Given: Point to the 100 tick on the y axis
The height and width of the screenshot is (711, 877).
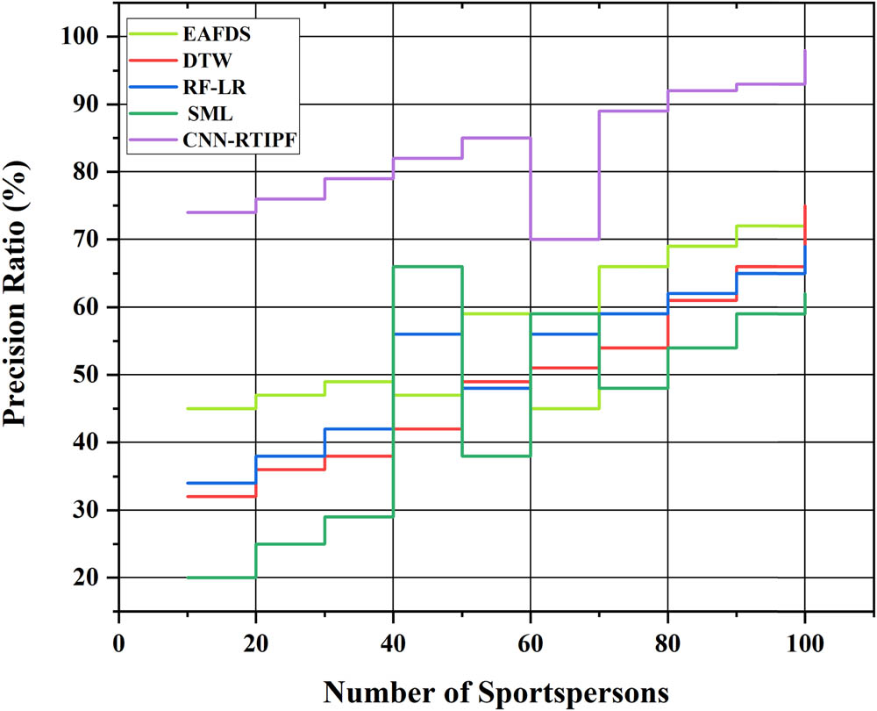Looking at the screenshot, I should (86, 37).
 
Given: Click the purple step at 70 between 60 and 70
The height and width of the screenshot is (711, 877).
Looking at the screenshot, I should (565, 239).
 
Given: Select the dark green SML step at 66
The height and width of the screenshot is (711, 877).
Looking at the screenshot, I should (427, 266).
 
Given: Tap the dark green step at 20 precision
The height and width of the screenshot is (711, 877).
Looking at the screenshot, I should (221, 578).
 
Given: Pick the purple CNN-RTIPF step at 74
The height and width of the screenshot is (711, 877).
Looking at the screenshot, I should (221, 212).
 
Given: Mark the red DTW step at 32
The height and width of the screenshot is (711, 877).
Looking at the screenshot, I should (221, 497).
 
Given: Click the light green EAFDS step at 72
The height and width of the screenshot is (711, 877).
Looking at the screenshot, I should (770, 226).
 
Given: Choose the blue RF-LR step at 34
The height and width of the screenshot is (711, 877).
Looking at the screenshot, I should (221, 483).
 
